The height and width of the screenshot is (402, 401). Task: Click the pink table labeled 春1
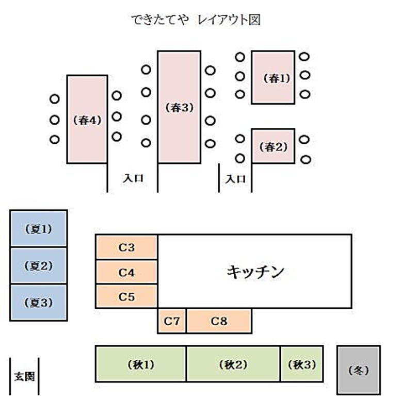click(x=273, y=77)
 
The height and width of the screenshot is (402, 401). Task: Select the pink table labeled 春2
click(x=273, y=146)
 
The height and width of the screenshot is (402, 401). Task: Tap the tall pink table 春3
click(x=179, y=107)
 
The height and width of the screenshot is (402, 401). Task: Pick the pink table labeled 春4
click(x=87, y=120)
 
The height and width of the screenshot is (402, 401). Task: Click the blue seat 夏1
click(x=39, y=228)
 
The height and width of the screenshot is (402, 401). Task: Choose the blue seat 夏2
click(x=39, y=266)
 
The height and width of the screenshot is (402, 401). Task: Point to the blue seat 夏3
click(x=39, y=303)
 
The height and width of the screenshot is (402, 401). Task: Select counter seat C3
click(x=126, y=247)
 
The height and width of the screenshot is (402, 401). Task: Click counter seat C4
click(x=126, y=272)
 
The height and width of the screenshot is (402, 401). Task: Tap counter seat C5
click(x=126, y=296)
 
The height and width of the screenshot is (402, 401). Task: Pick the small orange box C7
click(x=172, y=321)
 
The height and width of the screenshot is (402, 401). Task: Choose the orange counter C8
click(x=219, y=321)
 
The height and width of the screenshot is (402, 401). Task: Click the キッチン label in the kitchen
click(x=255, y=272)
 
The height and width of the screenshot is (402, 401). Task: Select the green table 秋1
click(x=141, y=364)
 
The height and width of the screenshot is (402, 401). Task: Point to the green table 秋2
click(x=233, y=364)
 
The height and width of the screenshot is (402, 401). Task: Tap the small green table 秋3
click(x=302, y=364)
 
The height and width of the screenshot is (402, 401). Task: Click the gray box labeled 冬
click(x=359, y=370)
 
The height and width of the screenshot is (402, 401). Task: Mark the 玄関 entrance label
click(x=24, y=376)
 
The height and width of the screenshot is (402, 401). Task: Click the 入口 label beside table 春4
click(x=133, y=178)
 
